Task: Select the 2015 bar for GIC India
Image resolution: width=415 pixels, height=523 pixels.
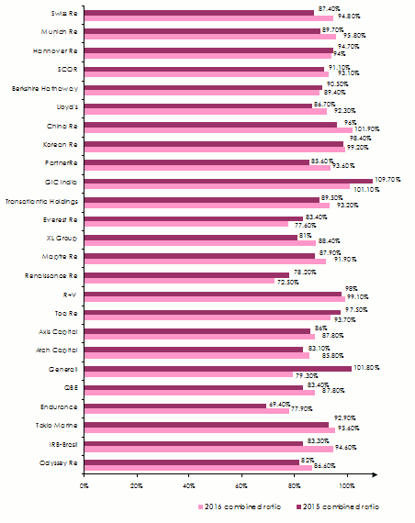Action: (229, 181)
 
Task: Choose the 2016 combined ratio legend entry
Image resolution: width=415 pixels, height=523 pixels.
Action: (241, 506)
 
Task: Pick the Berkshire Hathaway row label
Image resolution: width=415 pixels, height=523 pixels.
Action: (47, 88)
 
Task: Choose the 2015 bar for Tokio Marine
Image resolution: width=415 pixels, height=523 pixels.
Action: (207, 425)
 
